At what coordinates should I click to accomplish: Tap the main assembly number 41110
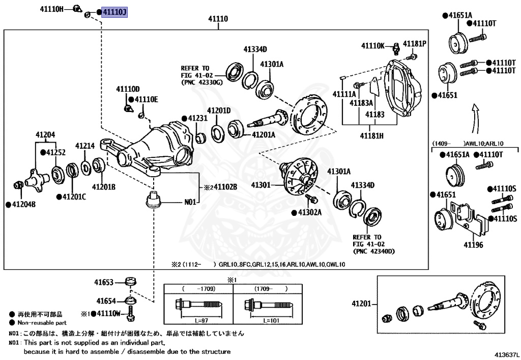coord(217,19)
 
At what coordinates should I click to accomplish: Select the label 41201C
coord(74,197)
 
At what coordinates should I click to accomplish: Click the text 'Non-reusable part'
coord(42,323)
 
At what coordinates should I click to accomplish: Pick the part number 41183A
coord(361,103)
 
